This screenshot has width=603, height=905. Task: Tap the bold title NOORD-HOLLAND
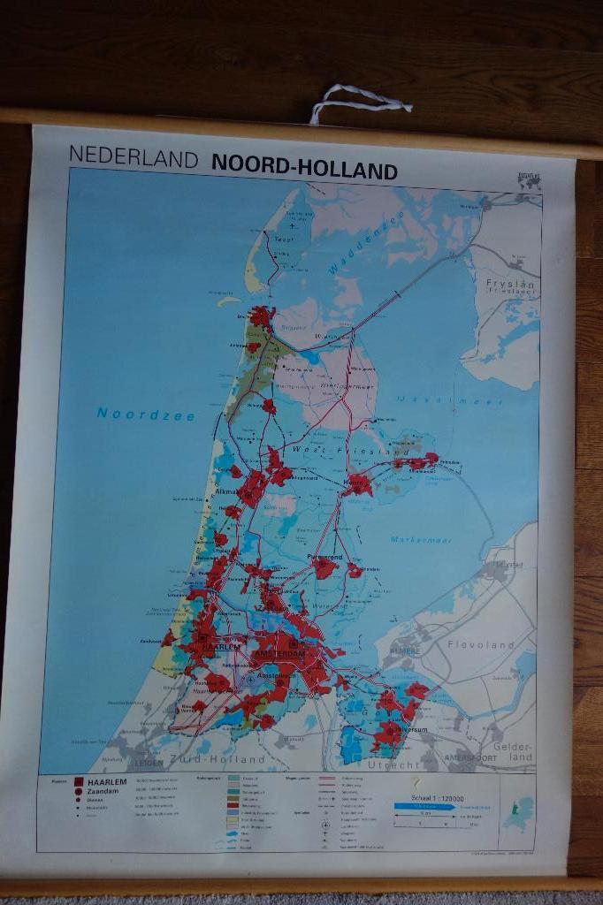(x=304, y=170)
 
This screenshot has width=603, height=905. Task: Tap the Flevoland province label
(x=481, y=645)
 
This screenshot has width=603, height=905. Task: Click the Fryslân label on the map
(x=510, y=285)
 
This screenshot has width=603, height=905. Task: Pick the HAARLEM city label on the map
(x=221, y=647)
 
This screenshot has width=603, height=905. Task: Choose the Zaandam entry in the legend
(x=104, y=793)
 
